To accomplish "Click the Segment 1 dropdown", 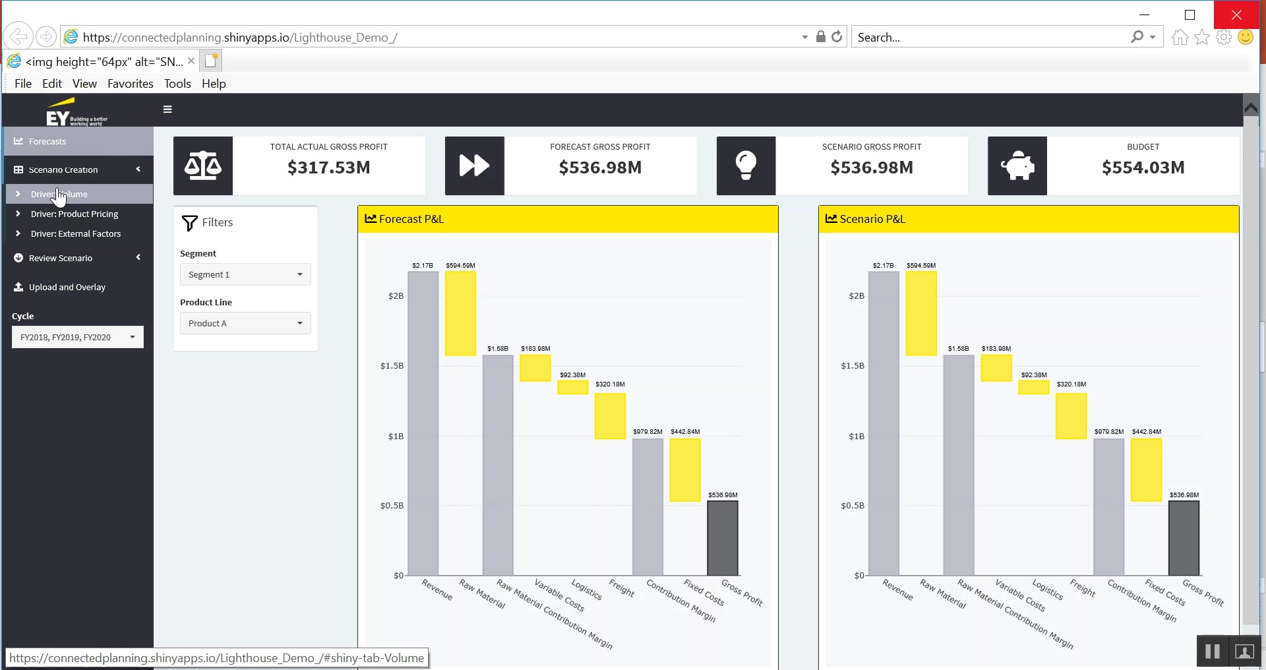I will [x=245, y=274].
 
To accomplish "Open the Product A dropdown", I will [x=245, y=323].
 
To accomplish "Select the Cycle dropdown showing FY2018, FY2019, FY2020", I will [x=77, y=337].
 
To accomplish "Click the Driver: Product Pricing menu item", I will [x=75, y=214].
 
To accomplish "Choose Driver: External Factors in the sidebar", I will [x=76, y=233].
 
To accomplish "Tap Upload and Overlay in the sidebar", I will [x=67, y=287].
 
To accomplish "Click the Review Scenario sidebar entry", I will [x=61, y=258].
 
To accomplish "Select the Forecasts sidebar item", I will [x=47, y=141].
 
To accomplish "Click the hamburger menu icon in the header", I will [x=167, y=109].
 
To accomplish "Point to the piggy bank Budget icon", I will [x=1017, y=166].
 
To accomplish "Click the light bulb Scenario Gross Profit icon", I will [x=746, y=166].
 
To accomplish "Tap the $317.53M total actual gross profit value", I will [x=328, y=167].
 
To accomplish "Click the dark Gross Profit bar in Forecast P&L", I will [x=723, y=538].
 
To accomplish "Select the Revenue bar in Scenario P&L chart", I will [x=884, y=423].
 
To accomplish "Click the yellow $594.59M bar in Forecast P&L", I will [x=460, y=313].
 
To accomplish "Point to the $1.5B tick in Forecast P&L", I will [x=392, y=366].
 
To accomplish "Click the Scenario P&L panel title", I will [x=872, y=219].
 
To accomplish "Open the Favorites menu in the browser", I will [x=130, y=84].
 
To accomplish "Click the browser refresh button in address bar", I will [x=837, y=37].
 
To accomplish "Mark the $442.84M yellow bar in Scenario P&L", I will [x=1146, y=470].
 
